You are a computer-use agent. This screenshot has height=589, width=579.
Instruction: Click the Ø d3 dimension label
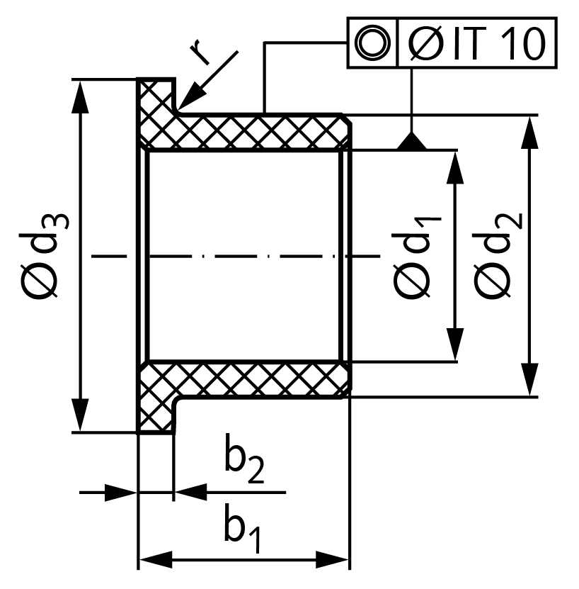45,256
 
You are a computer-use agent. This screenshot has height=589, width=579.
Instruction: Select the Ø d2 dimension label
498,255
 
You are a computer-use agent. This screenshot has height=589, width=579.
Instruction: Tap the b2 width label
244,459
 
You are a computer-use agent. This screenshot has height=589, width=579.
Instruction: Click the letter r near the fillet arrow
200,52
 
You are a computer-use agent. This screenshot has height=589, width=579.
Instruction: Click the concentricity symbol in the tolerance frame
372,43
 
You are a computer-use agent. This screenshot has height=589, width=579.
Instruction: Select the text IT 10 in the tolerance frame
499,43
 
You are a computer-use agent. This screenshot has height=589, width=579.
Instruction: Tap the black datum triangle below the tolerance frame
412,141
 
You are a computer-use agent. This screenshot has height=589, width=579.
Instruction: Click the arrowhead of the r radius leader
192,99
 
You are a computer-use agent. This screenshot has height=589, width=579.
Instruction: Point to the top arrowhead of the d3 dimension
80,96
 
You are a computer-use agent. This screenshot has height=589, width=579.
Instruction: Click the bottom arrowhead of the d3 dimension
80,415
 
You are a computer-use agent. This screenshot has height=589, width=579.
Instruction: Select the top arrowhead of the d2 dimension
529,133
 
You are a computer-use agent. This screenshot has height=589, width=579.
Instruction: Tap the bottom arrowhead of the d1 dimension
455,344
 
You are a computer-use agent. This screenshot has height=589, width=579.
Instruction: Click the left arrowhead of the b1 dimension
156,560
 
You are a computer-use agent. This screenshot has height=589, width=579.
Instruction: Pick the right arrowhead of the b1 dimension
332,560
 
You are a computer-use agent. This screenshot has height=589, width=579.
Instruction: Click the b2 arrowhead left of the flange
120,492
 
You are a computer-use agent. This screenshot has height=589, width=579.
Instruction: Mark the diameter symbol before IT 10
425,43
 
